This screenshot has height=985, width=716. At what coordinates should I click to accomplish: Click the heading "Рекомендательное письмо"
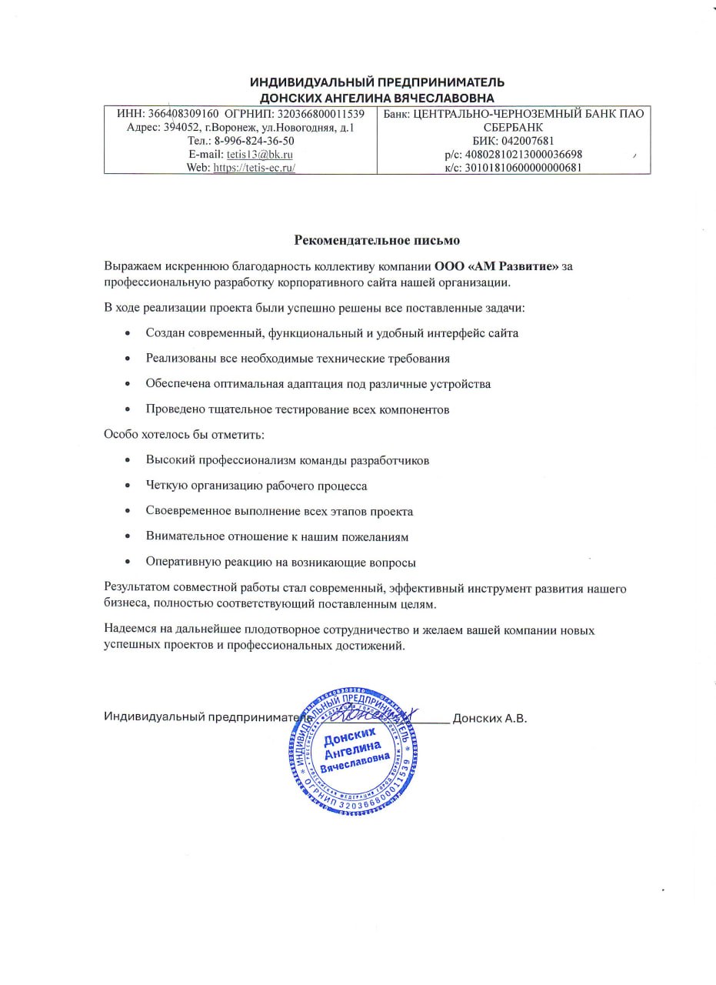pyautogui.click(x=377, y=239)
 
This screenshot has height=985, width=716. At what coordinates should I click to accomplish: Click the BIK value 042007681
pyautogui.click(x=526, y=141)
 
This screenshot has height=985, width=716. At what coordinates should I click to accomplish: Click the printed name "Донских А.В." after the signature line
pyautogui.click(x=490, y=719)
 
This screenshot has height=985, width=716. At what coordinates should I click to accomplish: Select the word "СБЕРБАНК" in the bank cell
pyautogui.click(x=514, y=128)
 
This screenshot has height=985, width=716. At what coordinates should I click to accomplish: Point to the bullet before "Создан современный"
pyautogui.click(x=127, y=334)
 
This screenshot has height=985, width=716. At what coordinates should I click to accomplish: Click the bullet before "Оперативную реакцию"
pyautogui.click(x=127, y=563)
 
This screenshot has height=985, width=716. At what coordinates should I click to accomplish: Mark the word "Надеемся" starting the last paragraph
pyautogui.click(x=128, y=629)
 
